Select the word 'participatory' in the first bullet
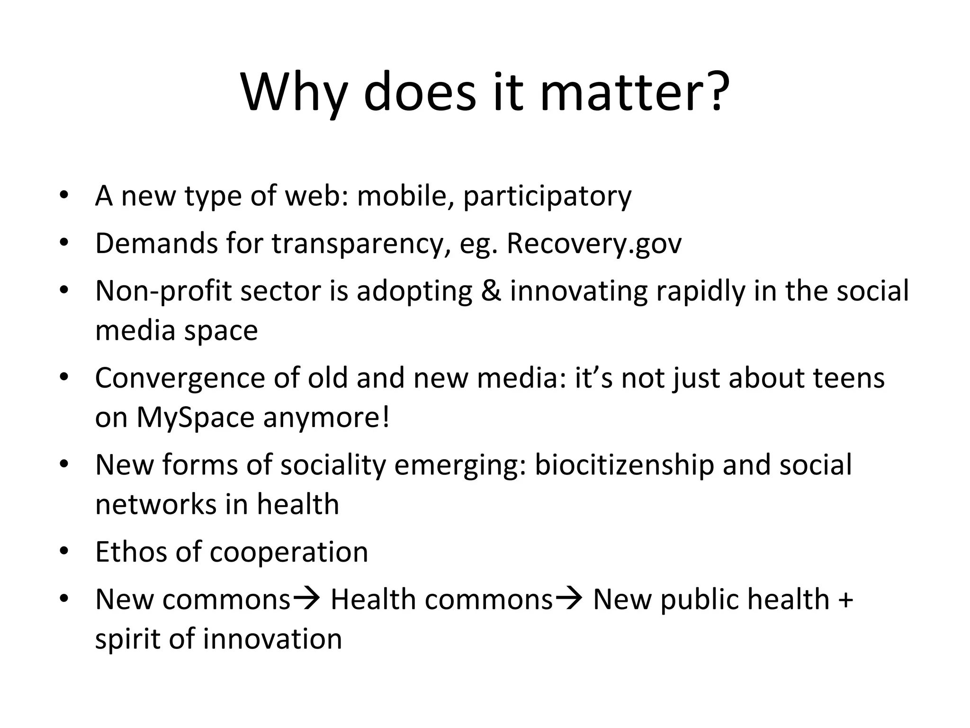pyautogui.click(x=547, y=196)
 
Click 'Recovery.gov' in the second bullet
pyautogui.click(x=594, y=244)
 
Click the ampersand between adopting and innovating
pyautogui.click(x=491, y=291)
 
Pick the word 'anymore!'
pyautogui.click(x=326, y=418)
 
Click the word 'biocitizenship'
pyautogui.click(x=624, y=465)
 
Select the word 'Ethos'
pyautogui.click(x=131, y=552)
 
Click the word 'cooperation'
pyautogui.click(x=288, y=552)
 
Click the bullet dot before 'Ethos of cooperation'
pyautogui.click(x=64, y=551)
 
